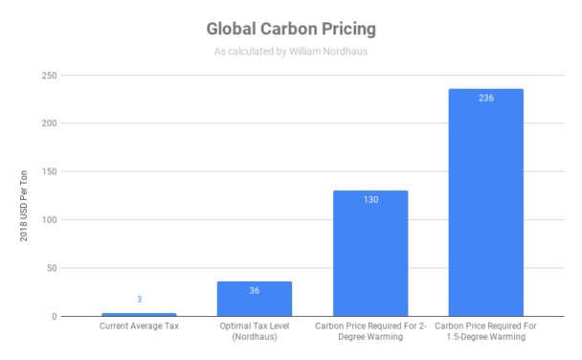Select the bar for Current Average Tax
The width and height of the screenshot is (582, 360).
[x=139, y=314]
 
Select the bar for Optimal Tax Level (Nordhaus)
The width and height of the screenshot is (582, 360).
[x=255, y=299]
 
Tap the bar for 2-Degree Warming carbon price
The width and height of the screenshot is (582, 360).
[x=370, y=254]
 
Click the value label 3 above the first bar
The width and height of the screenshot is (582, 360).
[x=139, y=300]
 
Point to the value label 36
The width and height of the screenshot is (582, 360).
[x=255, y=290]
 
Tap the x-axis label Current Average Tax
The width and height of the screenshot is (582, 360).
[x=139, y=327]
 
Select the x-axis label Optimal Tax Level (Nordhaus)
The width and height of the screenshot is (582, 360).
[x=255, y=333]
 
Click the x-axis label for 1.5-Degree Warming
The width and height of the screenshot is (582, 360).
[x=486, y=333]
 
